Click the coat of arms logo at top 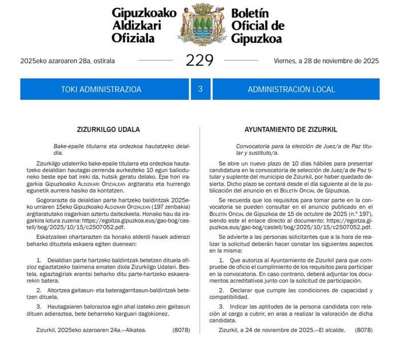click(200, 25)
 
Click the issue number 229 click(199, 60)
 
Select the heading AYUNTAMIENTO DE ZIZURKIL click(290, 129)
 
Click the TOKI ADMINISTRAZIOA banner click(101, 89)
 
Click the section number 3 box click(200, 89)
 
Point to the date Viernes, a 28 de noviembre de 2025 click(326, 60)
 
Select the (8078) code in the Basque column click(181, 330)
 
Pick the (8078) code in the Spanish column click(364, 330)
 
